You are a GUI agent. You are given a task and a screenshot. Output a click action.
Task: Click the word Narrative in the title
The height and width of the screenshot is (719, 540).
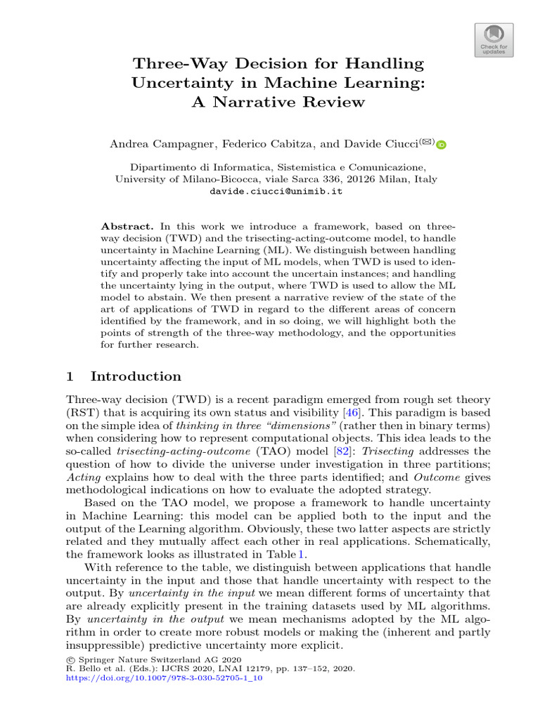click(x=276, y=103)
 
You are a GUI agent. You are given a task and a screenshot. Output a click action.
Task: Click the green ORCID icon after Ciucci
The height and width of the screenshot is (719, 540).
click(x=442, y=145)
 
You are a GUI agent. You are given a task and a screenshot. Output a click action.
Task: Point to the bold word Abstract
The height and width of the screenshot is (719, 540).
click(x=127, y=227)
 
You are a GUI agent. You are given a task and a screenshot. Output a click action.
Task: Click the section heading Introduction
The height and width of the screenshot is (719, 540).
click(x=136, y=376)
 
